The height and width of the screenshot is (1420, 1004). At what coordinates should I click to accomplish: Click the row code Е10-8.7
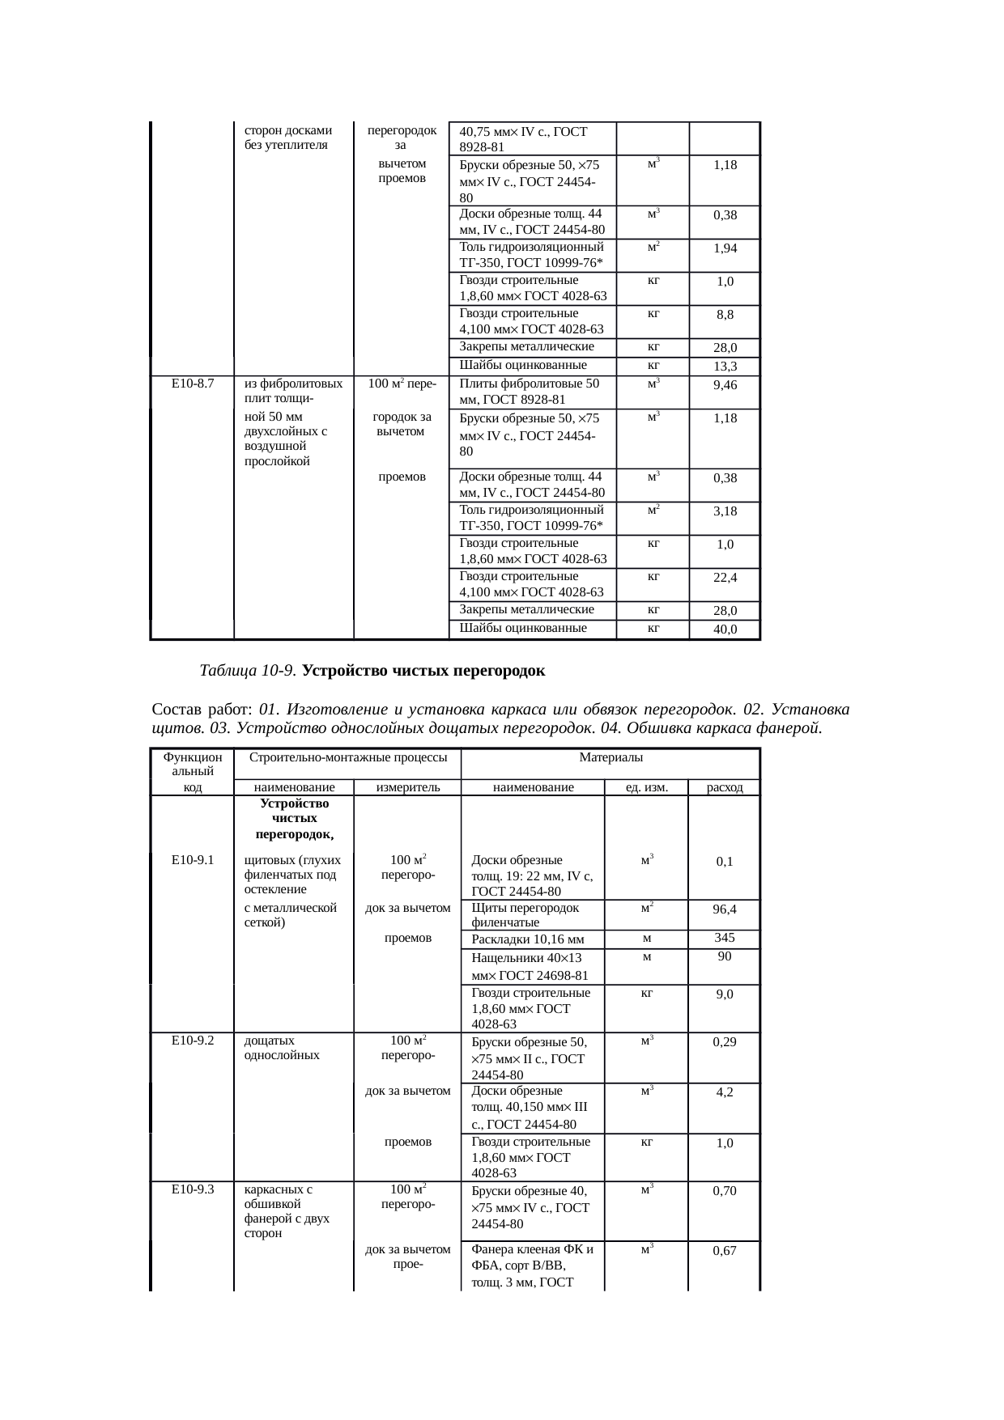(192, 384)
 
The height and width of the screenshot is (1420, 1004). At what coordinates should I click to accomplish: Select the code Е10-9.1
(192, 860)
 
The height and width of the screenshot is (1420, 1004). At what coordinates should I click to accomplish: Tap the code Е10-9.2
(192, 1041)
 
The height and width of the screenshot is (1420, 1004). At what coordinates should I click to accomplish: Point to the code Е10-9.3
(192, 1189)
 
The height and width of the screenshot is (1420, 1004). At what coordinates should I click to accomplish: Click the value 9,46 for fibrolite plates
(725, 385)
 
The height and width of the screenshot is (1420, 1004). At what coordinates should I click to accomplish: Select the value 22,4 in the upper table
(725, 577)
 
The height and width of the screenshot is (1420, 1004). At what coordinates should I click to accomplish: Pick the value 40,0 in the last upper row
(725, 629)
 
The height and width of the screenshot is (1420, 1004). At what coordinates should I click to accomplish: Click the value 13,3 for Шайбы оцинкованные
(725, 367)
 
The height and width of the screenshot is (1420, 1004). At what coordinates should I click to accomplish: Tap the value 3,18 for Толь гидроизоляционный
(725, 511)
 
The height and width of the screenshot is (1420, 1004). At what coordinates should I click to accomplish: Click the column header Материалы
(610, 757)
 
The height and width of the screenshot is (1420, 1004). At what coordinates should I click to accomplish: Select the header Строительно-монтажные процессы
(348, 757)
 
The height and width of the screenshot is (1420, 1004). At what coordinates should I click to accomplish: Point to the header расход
(724, 787)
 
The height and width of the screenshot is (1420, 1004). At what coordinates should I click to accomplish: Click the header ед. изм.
(647, 787)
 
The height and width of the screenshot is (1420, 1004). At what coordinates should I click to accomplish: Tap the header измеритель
(407, 787)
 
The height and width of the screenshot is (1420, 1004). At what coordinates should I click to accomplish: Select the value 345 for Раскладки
(725, 938)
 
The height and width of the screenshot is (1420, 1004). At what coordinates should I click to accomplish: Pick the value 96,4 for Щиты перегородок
(725, 909)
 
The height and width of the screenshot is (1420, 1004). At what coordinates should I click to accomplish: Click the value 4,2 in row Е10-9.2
(725, 1092)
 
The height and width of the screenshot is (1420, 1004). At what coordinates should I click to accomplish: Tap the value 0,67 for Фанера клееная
(725, 1251)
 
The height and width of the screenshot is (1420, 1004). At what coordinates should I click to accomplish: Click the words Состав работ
(202, 710)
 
